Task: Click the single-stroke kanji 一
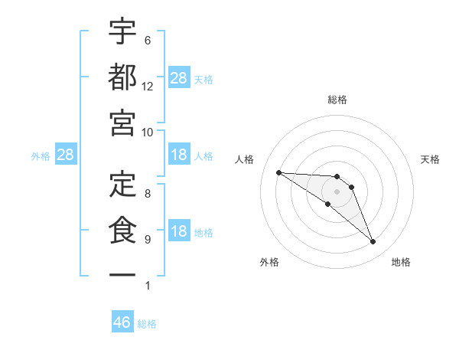pos(122,274)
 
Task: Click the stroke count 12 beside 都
pos(148,86)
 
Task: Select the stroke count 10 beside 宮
pos(148,131)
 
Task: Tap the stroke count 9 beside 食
pos(147,240)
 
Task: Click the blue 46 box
pos(122,322)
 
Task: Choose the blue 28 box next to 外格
pos(66,155)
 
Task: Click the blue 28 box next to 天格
pos(179,78)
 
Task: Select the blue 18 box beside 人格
pos(179,155)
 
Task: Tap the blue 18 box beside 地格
pos(179,232)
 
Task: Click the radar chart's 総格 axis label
pos(337,100)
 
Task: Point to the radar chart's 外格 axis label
pos(269,262)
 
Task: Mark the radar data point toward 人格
pos(278,172)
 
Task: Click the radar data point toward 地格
pos(373,242)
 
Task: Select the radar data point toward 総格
pos(337,177)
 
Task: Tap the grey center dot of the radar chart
pos(337,191)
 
